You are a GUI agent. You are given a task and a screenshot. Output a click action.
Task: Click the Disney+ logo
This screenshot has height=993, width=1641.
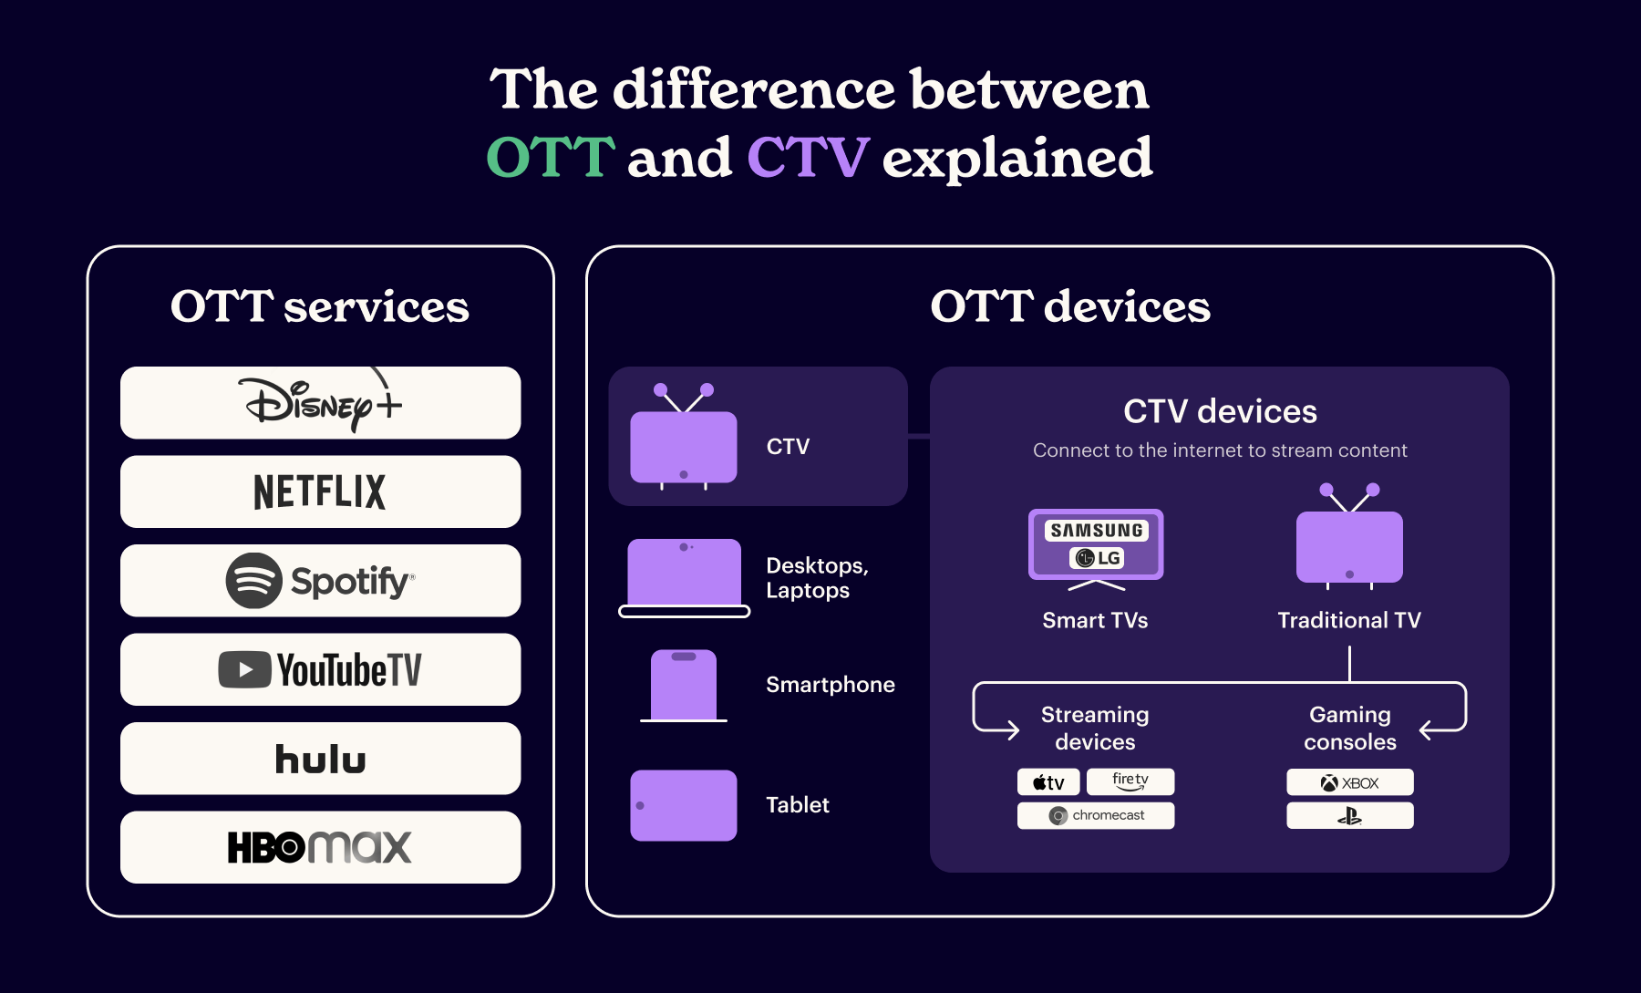tap(320, 402)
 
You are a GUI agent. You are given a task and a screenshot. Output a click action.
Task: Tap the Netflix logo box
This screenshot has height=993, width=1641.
tap(320, 491)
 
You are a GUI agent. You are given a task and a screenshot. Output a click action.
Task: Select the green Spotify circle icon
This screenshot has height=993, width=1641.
tap(253, 581)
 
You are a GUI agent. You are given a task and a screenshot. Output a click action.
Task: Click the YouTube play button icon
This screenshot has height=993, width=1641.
tap(244, 669)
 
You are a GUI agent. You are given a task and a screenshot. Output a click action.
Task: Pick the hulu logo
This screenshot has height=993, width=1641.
tap(320, 759)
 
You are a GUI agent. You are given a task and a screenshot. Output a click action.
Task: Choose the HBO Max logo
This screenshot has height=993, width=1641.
tap(320, 847)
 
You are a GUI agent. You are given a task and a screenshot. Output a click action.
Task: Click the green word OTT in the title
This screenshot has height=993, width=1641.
tap(551, 157)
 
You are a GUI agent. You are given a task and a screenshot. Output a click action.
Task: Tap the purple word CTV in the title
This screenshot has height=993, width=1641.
tap(808, 157)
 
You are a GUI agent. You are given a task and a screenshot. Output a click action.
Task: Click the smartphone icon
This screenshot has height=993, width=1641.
tap(684, 685)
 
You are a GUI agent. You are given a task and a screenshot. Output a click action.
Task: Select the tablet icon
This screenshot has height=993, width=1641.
tap(684, 805)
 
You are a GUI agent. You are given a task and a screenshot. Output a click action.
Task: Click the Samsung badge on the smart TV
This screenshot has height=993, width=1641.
tap(1096, 530)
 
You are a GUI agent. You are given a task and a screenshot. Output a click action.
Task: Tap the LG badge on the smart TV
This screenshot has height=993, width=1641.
tap(1097, 558)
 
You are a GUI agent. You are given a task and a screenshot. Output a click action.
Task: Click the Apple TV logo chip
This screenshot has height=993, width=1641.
tap(1048, 782)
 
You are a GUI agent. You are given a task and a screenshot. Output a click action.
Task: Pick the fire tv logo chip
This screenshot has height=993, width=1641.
tap(1130, 781)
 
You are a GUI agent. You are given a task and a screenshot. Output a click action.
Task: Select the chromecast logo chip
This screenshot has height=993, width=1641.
tap(1096, 815)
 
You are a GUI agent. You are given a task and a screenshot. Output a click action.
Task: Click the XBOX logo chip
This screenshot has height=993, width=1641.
tap(1350, 782)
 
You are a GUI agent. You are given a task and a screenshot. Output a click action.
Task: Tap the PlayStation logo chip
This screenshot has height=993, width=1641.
tap(1350, 815)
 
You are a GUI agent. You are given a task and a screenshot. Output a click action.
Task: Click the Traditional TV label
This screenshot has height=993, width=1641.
tap(1349, 620)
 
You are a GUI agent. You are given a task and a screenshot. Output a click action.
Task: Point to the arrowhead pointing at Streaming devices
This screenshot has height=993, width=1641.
tap(1013, 729)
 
